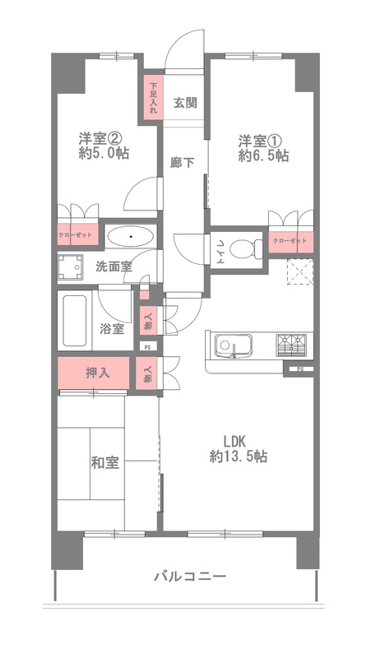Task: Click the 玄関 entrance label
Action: coord(184,103)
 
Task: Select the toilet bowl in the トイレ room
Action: coord(242,249)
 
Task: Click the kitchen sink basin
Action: coord(233,345)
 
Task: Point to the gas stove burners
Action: coord(291,345)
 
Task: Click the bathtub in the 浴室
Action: coord(75,321)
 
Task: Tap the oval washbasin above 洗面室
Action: coord(132,237)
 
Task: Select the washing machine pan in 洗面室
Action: coord(71,268)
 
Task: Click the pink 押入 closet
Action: coord(94,373)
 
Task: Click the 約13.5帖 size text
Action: coord(238,456)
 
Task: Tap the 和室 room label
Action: coord(105,463)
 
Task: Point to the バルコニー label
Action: coord(190,576)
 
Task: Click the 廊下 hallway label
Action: coord(182,162)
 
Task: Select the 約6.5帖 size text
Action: coord(263,155)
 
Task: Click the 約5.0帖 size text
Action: coord(104,153)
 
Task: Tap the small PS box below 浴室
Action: coord(146,347)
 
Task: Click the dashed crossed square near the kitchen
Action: coord(300,271)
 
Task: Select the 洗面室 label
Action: coord(114,266)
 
